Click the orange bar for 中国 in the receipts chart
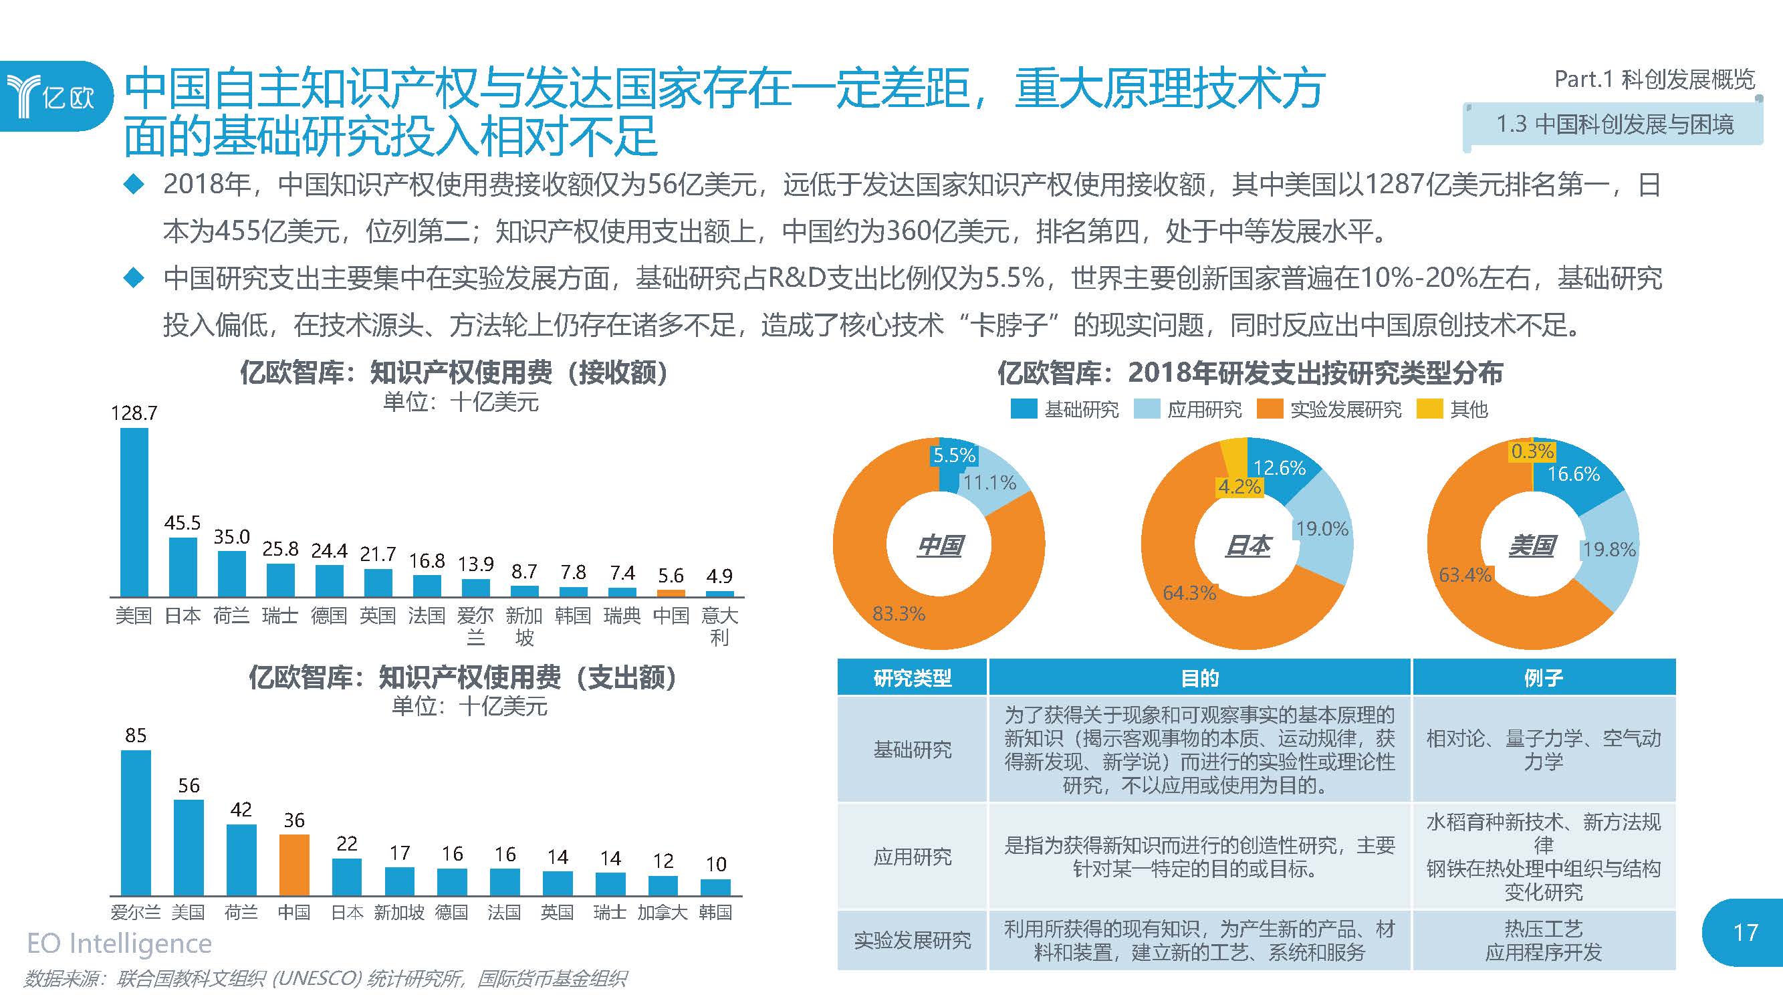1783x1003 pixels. click(671, 593)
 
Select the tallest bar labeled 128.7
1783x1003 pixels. click(134, 512)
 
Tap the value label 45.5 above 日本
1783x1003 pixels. click(182, 523)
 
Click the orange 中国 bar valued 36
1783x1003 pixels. click(294, 865)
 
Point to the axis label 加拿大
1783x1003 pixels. click(663, 912)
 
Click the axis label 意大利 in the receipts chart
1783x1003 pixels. click(719, 626)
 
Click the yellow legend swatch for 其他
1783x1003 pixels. click(1429, 410)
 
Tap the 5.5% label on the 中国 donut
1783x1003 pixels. click(954, 455)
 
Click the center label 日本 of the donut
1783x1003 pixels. click(1247, 546)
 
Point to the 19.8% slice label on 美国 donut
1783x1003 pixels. click(1609, 550)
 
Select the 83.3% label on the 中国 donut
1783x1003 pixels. click(899, 613)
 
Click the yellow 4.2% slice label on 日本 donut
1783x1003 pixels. click(1239, 487)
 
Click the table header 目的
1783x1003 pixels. click(1199, 677)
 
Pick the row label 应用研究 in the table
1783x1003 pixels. click(913, 857)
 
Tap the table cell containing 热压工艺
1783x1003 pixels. click(1544, 940)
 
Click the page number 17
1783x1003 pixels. click(1745, 932)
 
